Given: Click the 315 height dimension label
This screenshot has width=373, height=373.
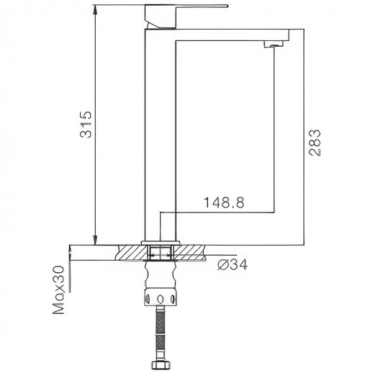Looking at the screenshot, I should tap(84, 126).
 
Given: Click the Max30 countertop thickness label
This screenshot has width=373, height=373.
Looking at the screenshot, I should tap(60, 289).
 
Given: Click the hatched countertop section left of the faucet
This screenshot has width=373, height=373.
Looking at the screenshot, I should tap(130, 253).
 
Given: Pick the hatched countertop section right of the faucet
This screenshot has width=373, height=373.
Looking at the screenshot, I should tap(190, 253).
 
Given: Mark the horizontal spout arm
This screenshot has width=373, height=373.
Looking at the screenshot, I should tap(230, 35).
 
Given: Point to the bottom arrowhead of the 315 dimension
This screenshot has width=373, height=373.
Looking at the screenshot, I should tap(96, 240).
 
